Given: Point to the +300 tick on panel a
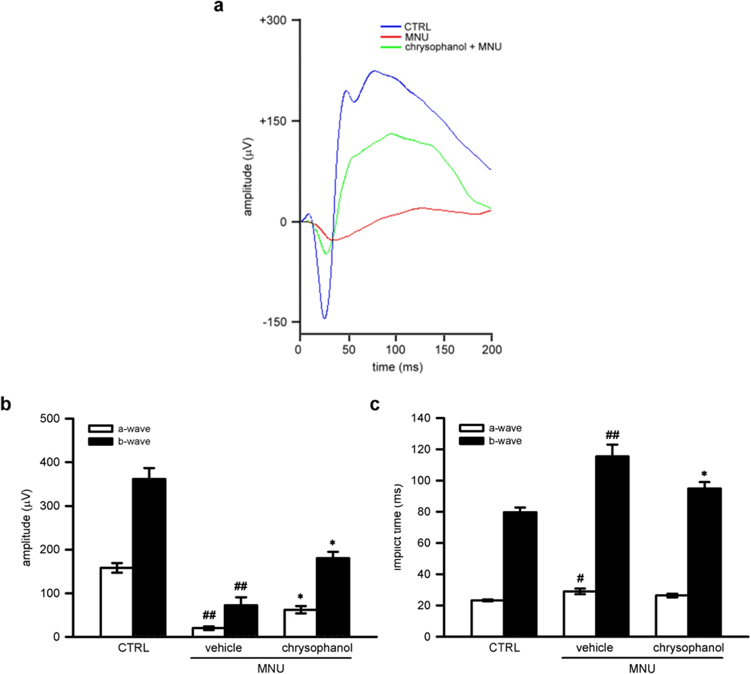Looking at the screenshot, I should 273,20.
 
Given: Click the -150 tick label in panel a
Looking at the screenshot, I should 274,323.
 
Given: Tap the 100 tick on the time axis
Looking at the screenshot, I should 395,350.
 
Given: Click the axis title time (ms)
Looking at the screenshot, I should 397,367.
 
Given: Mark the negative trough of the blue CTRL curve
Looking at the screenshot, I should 324,317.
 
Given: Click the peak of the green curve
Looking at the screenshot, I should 391,134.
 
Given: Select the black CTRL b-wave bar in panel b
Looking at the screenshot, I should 149,558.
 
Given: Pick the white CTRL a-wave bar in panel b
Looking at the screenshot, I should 116,602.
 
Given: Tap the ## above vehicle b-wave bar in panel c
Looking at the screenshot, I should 612,435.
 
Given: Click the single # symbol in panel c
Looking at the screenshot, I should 580,579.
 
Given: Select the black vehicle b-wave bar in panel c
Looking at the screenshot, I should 612,546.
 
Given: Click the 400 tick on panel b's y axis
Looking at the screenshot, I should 50,462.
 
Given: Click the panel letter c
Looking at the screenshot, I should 375,404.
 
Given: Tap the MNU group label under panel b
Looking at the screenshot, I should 271,668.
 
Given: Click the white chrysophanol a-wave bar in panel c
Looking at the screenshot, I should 672,616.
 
